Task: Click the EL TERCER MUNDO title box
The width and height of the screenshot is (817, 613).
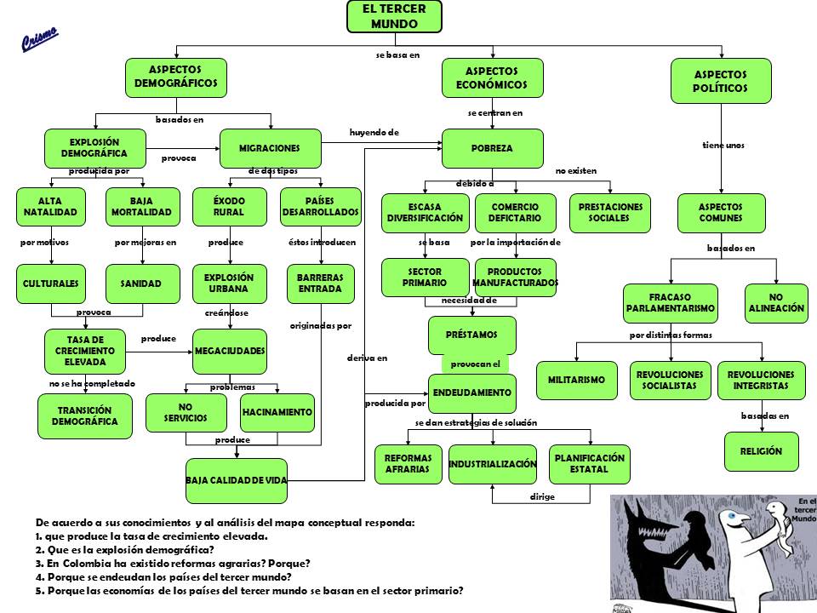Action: [x=395, y=17]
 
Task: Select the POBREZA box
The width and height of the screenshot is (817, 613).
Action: [x=492, y=148]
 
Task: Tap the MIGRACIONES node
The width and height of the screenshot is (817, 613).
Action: [x=270, y=148]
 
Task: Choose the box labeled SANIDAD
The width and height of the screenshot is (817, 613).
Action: [x=143, y=283]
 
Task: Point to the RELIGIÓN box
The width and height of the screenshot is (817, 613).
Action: [x=760, y=451]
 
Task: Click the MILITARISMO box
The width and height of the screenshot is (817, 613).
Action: [x=576, y=380]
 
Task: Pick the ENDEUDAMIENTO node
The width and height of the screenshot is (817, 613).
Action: [x=471, y=392]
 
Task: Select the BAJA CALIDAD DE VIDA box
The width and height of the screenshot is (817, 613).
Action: [x=237, y=481]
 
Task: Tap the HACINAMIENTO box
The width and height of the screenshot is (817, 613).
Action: [x=277, y=412]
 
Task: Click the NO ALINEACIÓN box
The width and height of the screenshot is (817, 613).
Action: [x=776, y=303]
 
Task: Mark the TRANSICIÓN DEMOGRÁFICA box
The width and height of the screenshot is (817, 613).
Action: [x=84, y=415]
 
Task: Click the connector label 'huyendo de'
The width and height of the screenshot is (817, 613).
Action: [x=374, y=133]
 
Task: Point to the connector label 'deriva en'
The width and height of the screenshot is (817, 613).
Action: [x=367, y=358]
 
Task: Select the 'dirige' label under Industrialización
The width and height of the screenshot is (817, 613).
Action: [x=542, y=496]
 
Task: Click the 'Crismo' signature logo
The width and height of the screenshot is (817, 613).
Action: [x=39, y=38]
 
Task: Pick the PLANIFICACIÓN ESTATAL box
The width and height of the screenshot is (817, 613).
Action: [x=590, y=463]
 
